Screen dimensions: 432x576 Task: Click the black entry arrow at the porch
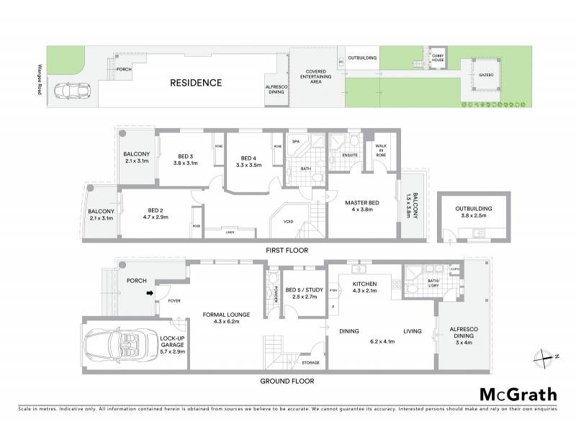coord(149,292)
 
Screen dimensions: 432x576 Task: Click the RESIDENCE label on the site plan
coord(196,83)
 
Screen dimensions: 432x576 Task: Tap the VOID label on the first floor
coord(289,222)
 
